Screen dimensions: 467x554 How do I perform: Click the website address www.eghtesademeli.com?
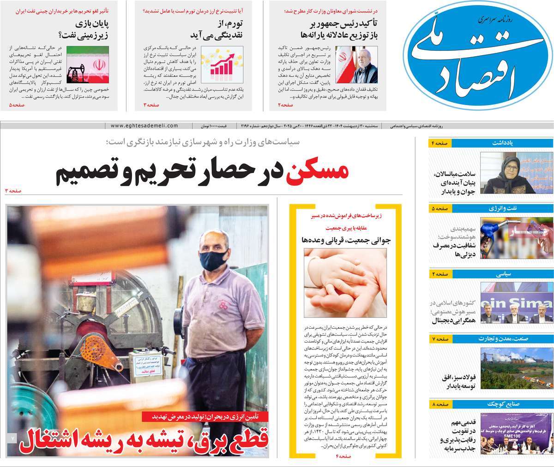pyautogui.click(x=145, y=125)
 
